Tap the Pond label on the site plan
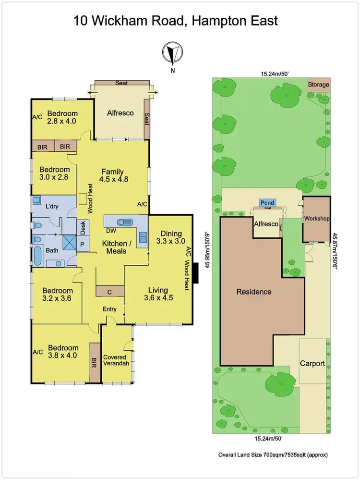267,203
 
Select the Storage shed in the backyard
319,85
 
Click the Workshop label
316,219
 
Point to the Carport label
313,363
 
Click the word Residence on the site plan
253,292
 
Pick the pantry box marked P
82,244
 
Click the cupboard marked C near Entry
110,291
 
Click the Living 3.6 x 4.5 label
158,294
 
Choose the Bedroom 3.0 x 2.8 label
54,173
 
